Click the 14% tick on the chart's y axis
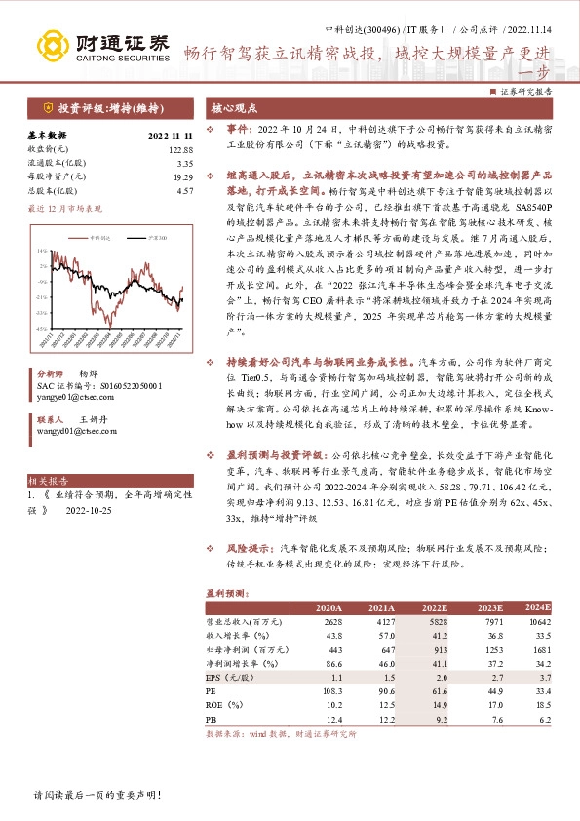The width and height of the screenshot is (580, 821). [x=42, y=252]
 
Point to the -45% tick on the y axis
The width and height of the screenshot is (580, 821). [x=42, y=329]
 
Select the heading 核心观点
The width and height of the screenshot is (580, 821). [x=231, y=109]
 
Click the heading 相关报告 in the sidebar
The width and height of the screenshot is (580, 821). [x=48, y=481]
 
